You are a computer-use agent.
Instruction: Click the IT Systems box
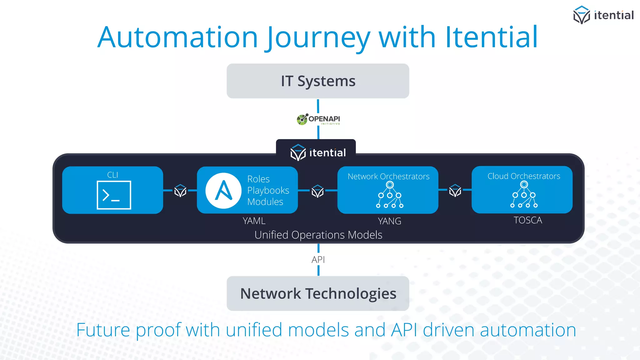(318, 81)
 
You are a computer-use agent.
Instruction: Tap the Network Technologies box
(318, 293)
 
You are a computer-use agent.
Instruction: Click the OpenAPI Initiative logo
(318, 119)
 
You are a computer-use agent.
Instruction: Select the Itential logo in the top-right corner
(603, 15)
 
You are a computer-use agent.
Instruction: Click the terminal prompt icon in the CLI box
(114, 195)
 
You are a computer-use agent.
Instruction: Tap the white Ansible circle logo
(223, 191)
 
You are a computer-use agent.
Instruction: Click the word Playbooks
(268, 190)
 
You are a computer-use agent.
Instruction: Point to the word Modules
(265, 202)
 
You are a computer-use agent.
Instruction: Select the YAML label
(254, 221)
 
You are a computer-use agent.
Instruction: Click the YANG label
(389, 221)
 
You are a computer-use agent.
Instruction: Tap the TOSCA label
(528, 220)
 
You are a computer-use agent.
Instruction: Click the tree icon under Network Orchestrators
(390, 195)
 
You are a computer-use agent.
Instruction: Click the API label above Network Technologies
(318, 260)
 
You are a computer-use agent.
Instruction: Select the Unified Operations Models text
(318, 235)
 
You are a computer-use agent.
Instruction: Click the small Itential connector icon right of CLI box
(180, 191)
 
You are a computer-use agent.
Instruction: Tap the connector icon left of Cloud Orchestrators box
(455, 191)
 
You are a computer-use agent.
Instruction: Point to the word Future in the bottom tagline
(103, 330)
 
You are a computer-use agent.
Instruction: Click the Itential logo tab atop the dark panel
(318, 152)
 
